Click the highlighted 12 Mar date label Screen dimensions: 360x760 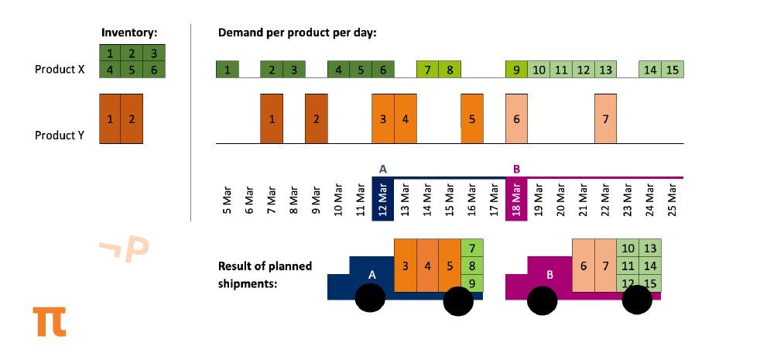point(383,201)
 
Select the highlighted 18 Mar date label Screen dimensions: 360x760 point(516,201)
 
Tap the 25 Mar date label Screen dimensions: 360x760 point(673,201)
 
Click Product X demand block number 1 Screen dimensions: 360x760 point(228,70)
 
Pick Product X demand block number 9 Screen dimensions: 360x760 point(516,70)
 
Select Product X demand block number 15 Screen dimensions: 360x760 point(673,70)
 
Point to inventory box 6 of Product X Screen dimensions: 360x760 point(155,69)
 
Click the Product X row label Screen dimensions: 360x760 point(60,69)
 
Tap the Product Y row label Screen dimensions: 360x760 point(60,135)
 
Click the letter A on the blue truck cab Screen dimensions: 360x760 point(371,274)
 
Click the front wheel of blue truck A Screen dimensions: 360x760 point(371,298)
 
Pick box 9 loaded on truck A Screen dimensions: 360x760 point(471,283)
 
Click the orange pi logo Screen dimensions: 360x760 point(50,321)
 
